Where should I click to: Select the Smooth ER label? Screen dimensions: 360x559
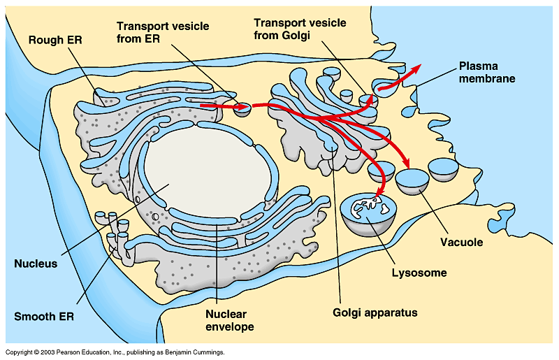coord(44,316)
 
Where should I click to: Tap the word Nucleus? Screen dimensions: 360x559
coord(36,264)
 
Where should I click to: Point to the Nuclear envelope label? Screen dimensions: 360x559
coord(230,319)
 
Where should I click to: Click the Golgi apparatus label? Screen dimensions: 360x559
coord(375,312)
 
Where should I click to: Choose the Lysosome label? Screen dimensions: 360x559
coord(419,273)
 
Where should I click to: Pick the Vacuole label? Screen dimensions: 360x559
coord(461,243)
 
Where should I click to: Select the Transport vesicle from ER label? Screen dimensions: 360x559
coord(157,31)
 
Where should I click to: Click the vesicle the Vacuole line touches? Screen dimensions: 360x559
coord(413,181)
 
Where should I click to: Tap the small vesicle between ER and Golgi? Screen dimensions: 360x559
coord(242,108)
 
